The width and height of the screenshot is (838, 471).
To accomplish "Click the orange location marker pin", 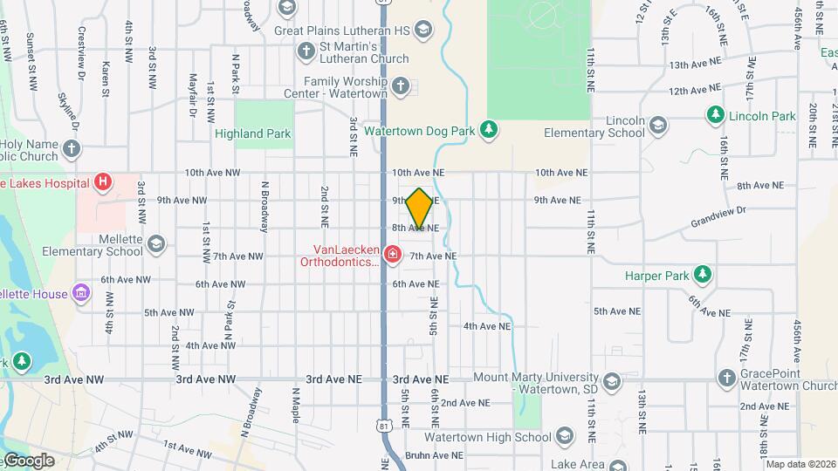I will point(419,208).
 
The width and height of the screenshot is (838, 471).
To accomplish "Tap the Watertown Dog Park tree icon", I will point(490,130).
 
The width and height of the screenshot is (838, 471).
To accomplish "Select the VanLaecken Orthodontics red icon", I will point(393,255).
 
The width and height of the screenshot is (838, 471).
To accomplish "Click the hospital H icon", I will point(104,182).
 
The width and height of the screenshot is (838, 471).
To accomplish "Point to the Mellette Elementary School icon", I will point(156,242).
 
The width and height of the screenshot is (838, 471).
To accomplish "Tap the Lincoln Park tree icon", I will point(715,115).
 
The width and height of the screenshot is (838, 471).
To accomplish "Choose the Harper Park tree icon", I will point(702,276).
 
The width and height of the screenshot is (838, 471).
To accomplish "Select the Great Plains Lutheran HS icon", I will point(422,31).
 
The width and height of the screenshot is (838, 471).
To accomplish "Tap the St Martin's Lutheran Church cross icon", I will point(306,51).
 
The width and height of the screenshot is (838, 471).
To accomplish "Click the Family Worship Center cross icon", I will point(401,85).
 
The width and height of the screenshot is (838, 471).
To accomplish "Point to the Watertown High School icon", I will point(565,437).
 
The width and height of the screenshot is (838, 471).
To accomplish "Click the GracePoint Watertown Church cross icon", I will point(726,378).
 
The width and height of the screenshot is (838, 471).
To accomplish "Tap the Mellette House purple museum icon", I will point(81,293).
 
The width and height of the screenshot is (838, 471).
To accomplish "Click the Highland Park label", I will point(252,134).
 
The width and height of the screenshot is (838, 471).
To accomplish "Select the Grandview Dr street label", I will point(718,210).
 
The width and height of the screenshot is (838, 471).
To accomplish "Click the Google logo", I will point(28,461).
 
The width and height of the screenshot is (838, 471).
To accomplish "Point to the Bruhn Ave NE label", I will point(433,455).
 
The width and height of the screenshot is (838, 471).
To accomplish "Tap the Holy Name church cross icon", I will point(72,149).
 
